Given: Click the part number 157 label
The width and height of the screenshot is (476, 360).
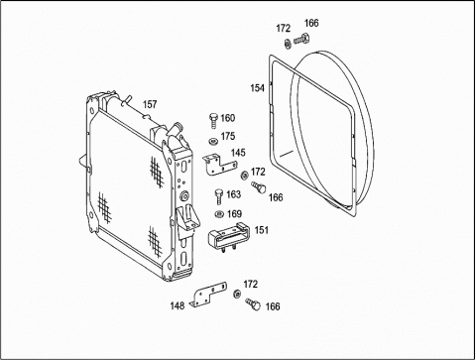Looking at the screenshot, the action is tap(150, 104).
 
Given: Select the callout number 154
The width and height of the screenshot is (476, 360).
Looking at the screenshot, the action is tap(257, 88).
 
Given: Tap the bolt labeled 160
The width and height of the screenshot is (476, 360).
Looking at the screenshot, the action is tap(213, 120).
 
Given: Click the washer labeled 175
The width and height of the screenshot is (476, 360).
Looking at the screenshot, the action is tap(213, 141).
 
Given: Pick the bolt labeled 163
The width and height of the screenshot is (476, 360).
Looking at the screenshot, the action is tap(219, 196).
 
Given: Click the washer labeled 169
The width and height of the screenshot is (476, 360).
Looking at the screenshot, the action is tap(219, 214).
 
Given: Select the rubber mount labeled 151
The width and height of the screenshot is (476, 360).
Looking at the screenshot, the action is tap(228, 235).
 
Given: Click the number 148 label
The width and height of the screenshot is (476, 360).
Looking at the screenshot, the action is tap(178, 305).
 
